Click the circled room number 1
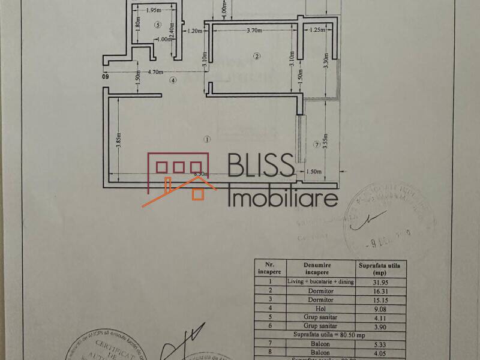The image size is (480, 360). pyautogui.click(x=207, y=139)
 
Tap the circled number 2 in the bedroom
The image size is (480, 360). pyautogui.click(x=257, y=57)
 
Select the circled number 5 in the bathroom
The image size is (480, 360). pyautogui.click(x=158, y=25)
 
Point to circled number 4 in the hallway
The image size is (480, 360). pyautogui.click(x=173, y=80)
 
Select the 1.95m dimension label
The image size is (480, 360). pyautogui.click(x=154, y=10)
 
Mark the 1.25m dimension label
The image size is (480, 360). pyautogui.click(x=317, y=30)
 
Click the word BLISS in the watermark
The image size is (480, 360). pyautogui.click(x=260, y=167)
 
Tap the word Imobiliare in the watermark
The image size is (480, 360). pyautogui.click(x=283, y=197)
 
